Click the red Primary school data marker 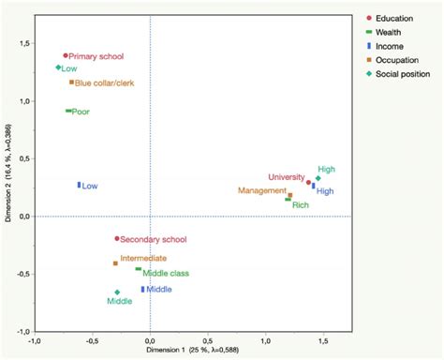click(x=66, y=56)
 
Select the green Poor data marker click(x=68, y=111)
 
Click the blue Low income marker click(x=79, y=186)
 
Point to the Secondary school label click(x=155, y=239)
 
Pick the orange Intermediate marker click(x=115, y=263)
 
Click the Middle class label click(x=168, y=273)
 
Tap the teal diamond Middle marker click(x=117, y=292)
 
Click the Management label click(x=261, y=190)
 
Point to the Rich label click(x=301, y=204)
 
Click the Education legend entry click(x=396, y=17)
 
